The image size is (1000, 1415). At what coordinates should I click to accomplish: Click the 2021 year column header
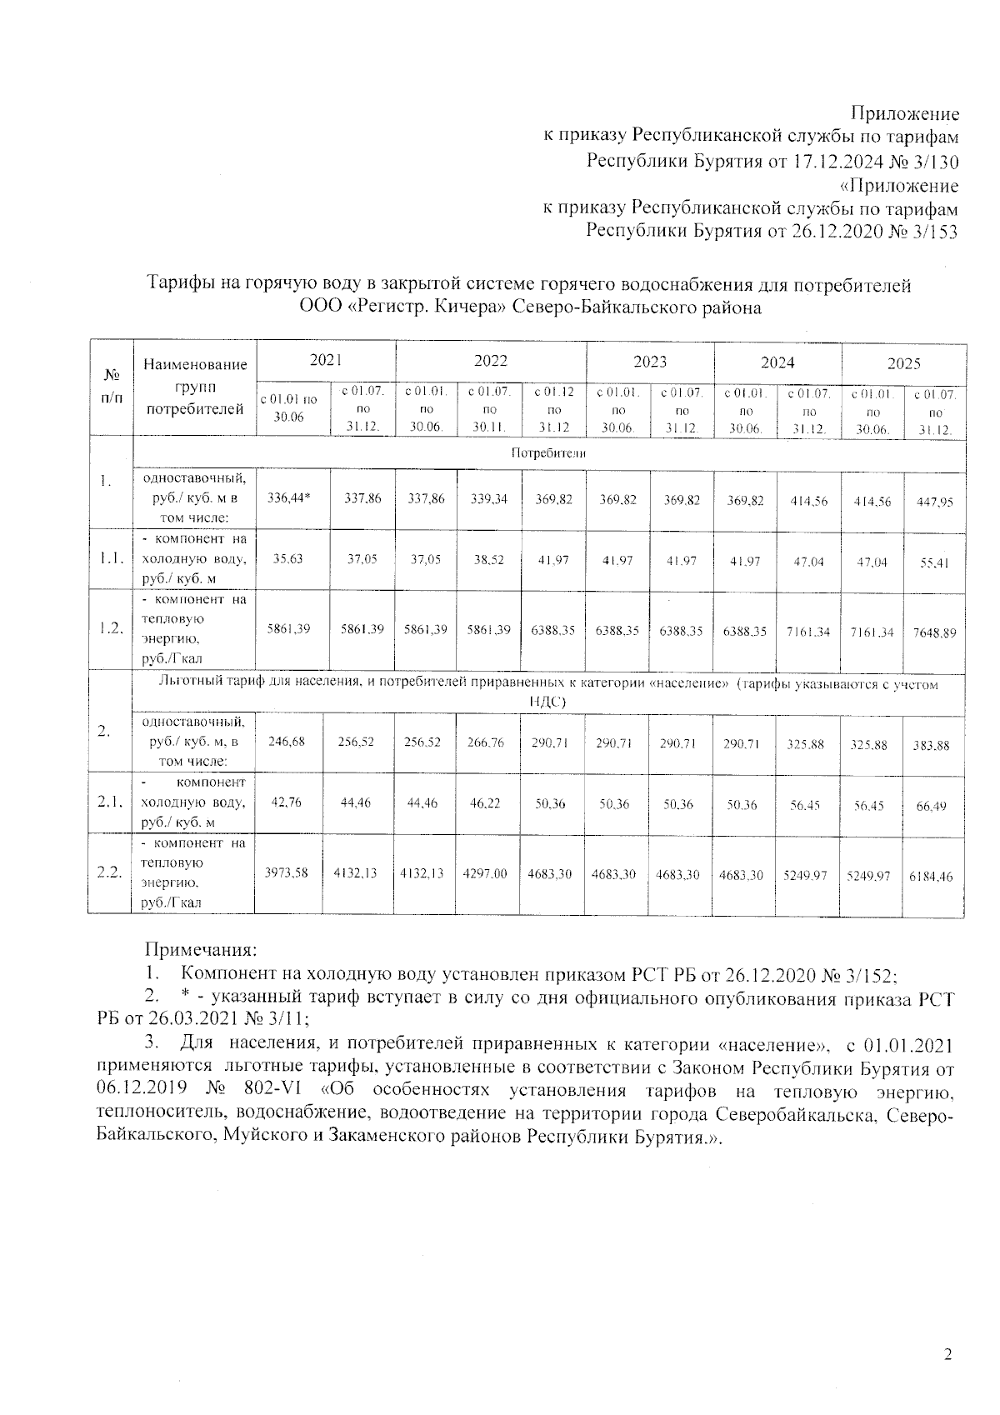click(x=326, y=360)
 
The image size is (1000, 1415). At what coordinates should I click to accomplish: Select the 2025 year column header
click(x=903, y=363)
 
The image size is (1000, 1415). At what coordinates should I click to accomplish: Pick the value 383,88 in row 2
click(x=931, y=746)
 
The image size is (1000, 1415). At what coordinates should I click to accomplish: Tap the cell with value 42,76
click(x=287, y=802)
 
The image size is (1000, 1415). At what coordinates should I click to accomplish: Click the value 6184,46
click(x=934, y=877)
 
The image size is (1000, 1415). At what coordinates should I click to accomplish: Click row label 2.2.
click(x=109, y=872)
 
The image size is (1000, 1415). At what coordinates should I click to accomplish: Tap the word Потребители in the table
click(x=548, y=453)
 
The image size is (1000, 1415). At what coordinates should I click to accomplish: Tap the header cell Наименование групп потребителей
click(x=195, y=387)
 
